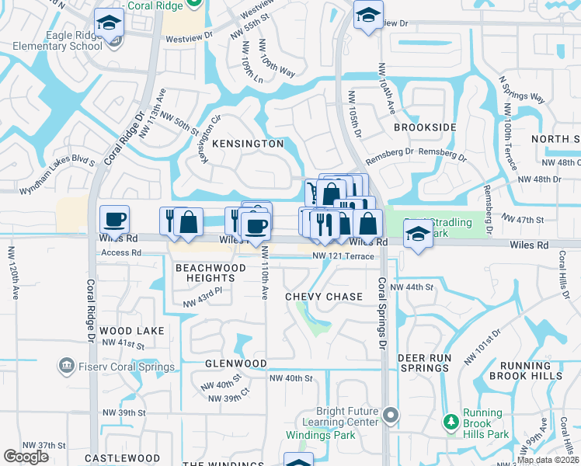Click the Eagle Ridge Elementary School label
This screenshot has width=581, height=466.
click(x=57, y=40)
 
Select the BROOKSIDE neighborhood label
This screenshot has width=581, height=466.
click(x=424, y=127)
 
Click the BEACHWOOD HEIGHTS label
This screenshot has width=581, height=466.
click(x=210, y=273)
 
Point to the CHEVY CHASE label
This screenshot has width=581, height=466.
click(x=324, y=297)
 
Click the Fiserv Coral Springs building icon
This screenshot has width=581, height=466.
click(x=66, y=364)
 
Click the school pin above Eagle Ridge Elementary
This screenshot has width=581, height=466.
click(x=109, y=23)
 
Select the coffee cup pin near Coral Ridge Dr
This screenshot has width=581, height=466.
click(x=115, y=221)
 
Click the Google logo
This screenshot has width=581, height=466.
click(x=26, y=457)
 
